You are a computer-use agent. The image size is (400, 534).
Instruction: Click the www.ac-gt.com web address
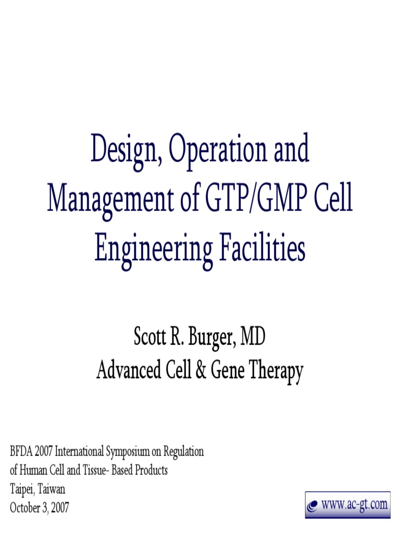[x=354, y=504]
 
